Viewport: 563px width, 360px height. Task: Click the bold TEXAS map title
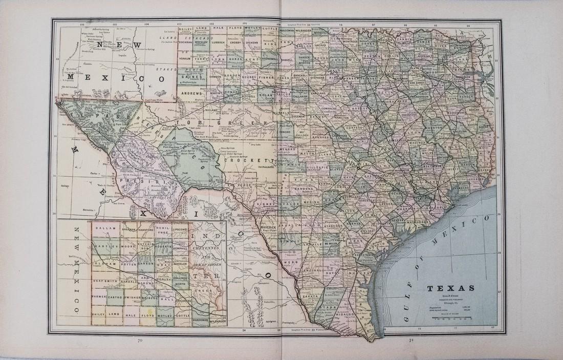click(450, 288)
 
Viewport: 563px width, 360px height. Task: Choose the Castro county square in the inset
click(115, 297)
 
